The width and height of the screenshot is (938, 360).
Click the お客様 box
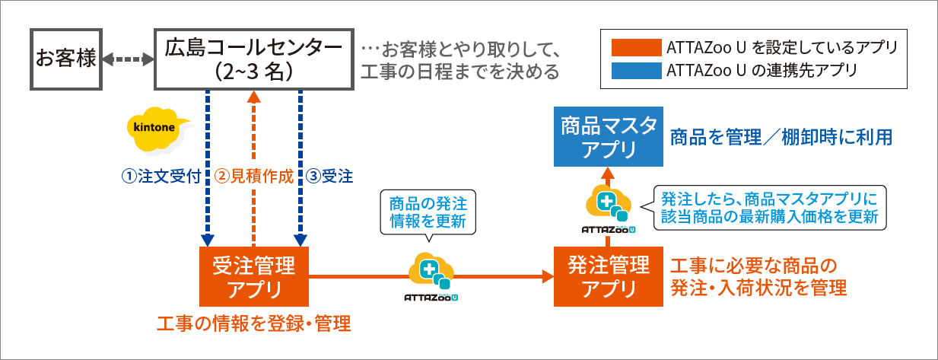(66, 59)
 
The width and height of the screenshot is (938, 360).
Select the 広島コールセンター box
(253, 59)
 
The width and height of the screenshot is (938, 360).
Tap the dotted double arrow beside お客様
(128, 59)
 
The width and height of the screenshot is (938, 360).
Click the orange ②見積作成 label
(253, 177)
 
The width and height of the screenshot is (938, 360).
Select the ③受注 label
(330, 177)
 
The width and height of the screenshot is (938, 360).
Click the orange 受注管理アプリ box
(254, 277)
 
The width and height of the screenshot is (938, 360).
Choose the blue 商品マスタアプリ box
(607, 137)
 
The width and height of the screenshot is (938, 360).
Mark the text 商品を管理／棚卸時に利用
(781, 138)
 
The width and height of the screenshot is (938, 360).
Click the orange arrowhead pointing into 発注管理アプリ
(547, 277)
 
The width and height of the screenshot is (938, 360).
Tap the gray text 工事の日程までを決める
(459, 72)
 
